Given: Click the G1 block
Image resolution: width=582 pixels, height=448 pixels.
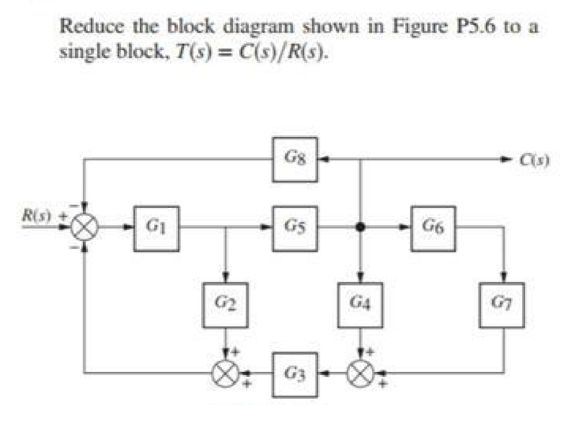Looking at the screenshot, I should pyautogui.click(x=156, y=229).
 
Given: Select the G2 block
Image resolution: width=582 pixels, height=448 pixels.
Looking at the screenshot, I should pyautogui.click(x=225, y=305).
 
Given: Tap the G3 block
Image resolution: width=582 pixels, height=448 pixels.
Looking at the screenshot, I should pyautogui.click(x=295, y=375).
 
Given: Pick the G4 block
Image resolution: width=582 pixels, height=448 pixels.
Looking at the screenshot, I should pyautogui.click(x=360, y=305).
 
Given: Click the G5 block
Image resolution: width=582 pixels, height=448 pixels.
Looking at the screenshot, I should pyautogui.click(x=295, y=229).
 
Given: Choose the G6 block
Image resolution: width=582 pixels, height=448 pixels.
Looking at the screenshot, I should pyautogui.click(x=433, y=229).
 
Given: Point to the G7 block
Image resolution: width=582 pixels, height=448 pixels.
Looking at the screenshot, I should pyautogui.click(x=502, y=305).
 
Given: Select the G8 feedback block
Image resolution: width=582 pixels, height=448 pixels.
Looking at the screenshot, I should pyautogui.click(x=295, y=160).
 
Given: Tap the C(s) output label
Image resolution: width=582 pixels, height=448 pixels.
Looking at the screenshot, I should pyautogui.click(x=535, y=160).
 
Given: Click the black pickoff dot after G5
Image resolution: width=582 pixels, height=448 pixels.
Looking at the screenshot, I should pyautogui.click(x=361, y=227).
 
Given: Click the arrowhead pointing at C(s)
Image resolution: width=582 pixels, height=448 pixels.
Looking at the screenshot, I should pyautogui.click(x=505, y=160).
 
